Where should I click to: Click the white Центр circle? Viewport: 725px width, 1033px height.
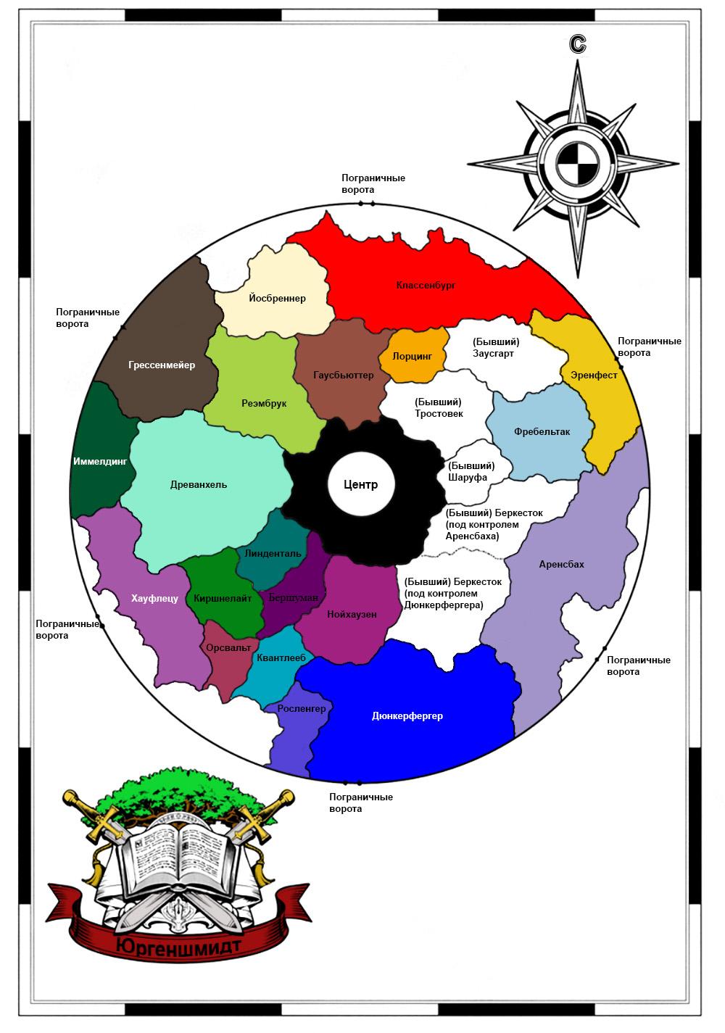pyautogui.click(x=360, y=484)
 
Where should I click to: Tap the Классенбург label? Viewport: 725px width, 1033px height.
pyautogui.click(x=426, y=285)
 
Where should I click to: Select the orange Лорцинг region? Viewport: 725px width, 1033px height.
pyautogui.click(x=413, y=354)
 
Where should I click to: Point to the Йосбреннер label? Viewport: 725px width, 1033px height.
pyautogui.click(x=277, y=298)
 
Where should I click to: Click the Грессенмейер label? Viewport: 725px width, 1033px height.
pyautogui.click(x=162, y=365)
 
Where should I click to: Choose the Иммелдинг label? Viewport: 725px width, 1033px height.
pyautogui.click(x=100, y=461)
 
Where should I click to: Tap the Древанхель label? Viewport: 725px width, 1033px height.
pyautogui.click(x=199, y=484)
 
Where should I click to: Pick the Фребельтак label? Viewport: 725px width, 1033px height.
pyautogui.click(x=542, y=431)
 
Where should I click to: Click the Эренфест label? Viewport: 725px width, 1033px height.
pyautogui.click(x=594, y=375)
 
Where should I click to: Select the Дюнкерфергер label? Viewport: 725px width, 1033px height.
pyautogui.click(x=407, y=715)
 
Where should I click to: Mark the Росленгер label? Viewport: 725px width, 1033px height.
pyautogui.click(x=301, y=708)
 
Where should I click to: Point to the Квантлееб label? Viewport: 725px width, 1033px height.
pyautogui.click(x=281, y=657)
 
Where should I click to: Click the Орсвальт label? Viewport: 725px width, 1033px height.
pyautogui.click(x=228, y=647)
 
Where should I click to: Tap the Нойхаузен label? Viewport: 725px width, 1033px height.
pyautogui.click(x=352, y=614)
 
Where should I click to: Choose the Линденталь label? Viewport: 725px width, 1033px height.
pyautogui.click(x=273, y=553)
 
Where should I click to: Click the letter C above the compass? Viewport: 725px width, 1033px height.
pyautogui.click(x=577, y=44)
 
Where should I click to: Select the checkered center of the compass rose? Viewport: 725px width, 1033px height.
pyautogui.click(x=577, y=163)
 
